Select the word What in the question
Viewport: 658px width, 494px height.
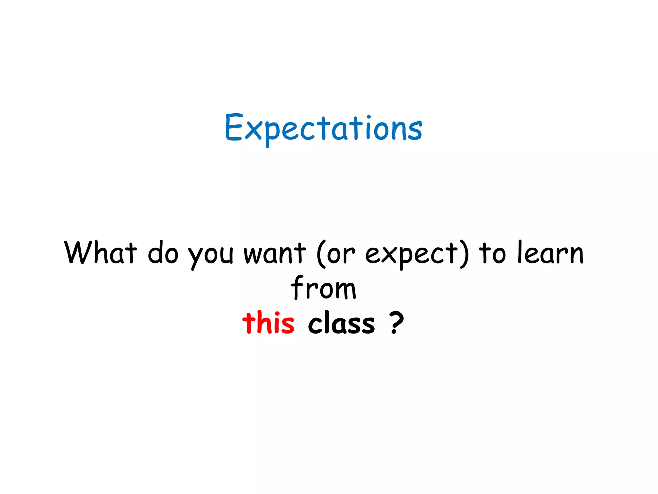pyautogui.click(x=101, y=253)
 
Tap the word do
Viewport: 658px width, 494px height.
pyautogui.click(x=163, y=253)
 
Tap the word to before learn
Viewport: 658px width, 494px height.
pyautogui.click(x=492, y=253)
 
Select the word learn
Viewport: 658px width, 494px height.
pyautogui.click(x=551, y=253)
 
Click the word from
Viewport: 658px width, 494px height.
pyautogui.click(x=324, y=288)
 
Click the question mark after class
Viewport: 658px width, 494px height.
pyautogui.click(x=396, y=323)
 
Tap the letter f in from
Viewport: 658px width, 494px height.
pyautogui.click(x=298, y=287)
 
